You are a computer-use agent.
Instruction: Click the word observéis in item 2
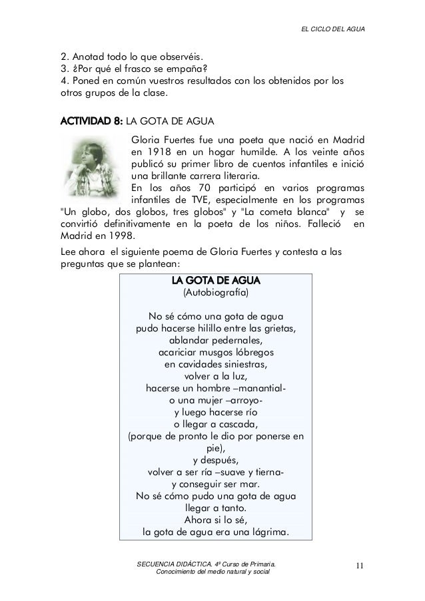180,55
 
